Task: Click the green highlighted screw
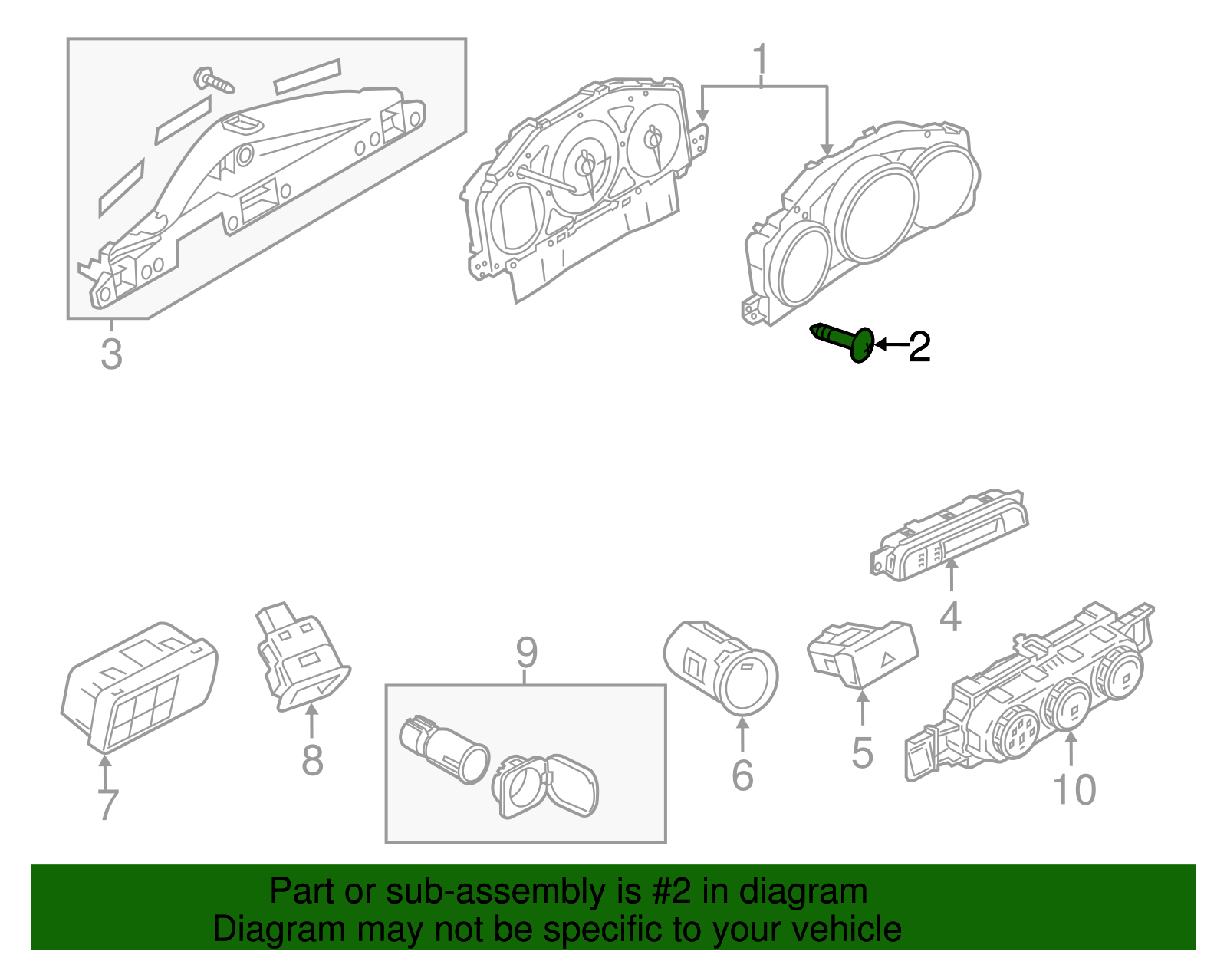pyautogui.click(x=844, y=342)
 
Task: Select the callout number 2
pyautogui.click(x=919, y=347)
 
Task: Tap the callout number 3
pyautogui.click(x=111, y=355)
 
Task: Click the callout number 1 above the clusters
pyautogui.click(x=760, y=61)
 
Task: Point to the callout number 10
pyautogui.click(x=1074, y=789)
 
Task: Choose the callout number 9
pyautogui.click(x=526, y=653)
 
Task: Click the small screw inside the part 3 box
pyautogui.click(x=214, y=79)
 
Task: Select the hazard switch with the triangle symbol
pyautogui.click(x=864, y=653)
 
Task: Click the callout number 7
pyautogui.click(x=108, y=805)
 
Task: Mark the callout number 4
pyautogui.click(x=950, y=617)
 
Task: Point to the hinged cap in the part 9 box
pyautogui.click(x=546, y=786)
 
